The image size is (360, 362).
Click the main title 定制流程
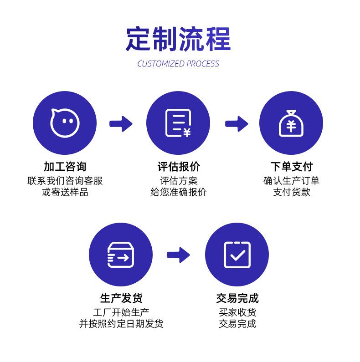tap(178, 39)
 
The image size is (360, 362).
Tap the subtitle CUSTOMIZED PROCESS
tap(178, 64)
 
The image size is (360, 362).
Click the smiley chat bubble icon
tap(65, 123)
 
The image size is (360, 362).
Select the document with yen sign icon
tap(178, 123)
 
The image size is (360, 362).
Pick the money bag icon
tap(291, 123)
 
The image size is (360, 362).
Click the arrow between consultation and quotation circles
tap(121, 123)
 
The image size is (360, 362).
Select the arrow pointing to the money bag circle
tap(237, 123)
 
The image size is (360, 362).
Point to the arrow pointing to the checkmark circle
tap(179, 255)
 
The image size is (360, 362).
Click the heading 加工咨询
tap(65, 167)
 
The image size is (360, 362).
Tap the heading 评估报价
tap(178, 167)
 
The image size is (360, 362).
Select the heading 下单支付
tap(291, 167)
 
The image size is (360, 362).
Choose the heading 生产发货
tap(121, 298)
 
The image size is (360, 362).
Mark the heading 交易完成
tap(237, 298)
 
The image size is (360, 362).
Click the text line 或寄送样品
tap(65, 192)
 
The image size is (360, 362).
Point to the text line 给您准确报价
tap(178, 192)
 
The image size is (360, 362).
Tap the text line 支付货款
tap(291, 192)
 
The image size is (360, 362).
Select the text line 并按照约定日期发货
tap(121, 324)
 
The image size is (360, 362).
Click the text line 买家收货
tap(237, 312)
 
